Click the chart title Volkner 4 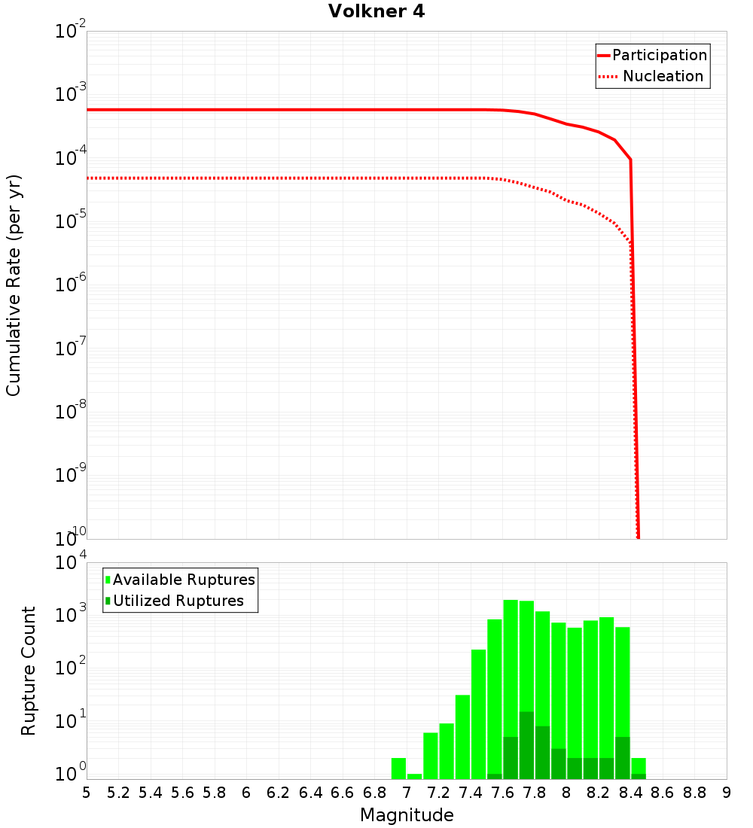pos(376,11)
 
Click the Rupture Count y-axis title pos(29,670)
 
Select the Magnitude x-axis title pos(407,814)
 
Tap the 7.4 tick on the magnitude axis pos(471,793)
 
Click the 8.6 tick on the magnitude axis pos(663,793)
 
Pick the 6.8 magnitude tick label pos(374,793)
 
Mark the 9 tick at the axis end pos(726,793)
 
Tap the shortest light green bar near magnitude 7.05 pos(414,776)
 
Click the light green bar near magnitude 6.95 pos(398,769)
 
